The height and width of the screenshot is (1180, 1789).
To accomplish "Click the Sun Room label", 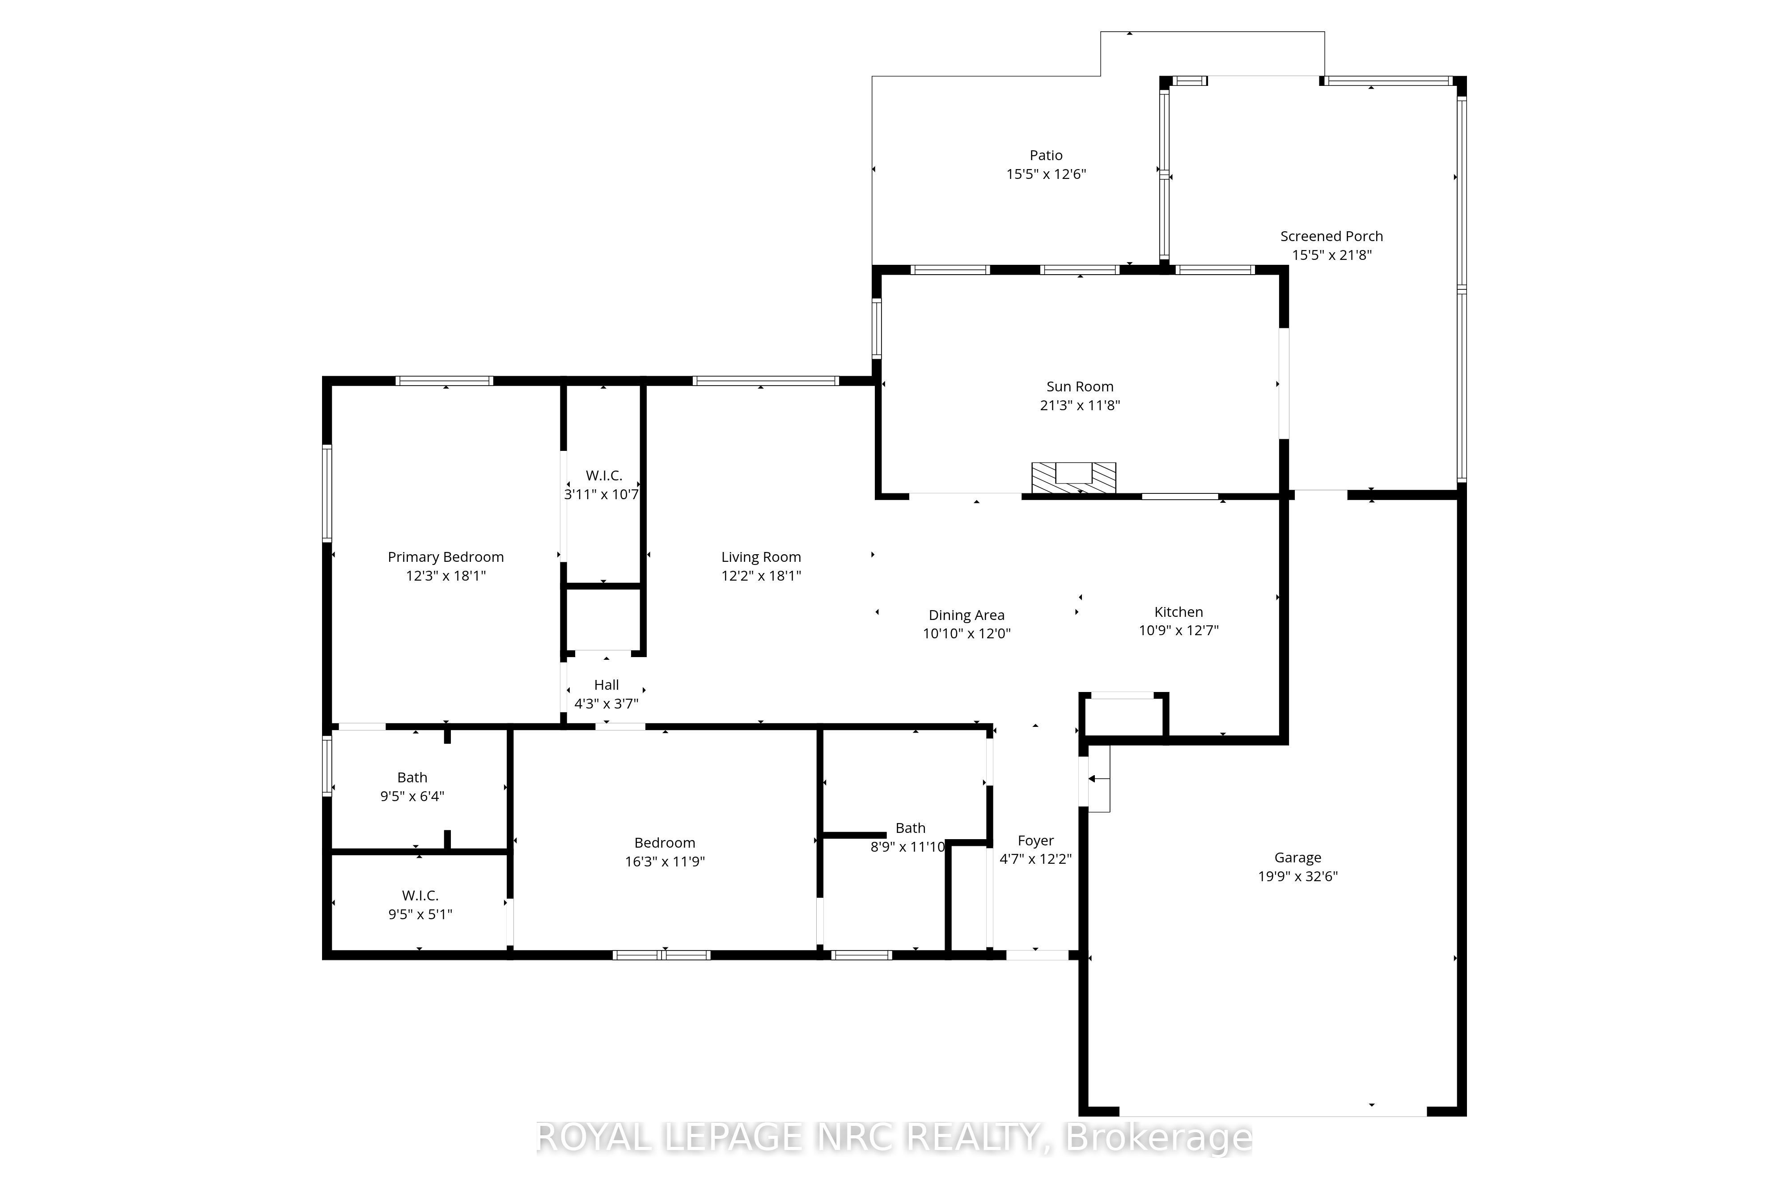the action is tap(1080, 387).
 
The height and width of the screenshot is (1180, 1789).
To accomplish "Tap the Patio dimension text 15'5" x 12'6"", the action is tap(1046, 174).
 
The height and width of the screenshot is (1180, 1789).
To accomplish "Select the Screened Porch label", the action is tap(1331, 236).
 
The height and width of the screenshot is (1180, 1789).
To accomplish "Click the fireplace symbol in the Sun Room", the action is tap(1073, 478).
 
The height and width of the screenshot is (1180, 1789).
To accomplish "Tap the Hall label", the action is tap(606, 685).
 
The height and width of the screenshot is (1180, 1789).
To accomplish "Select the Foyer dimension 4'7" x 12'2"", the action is tap(1035, 859).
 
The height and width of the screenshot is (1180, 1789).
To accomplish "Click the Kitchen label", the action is tap(1178, 612).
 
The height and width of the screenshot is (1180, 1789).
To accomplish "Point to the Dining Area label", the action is tap(966, 615).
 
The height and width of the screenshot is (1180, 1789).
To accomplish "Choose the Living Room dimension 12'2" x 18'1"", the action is tap(761, 576).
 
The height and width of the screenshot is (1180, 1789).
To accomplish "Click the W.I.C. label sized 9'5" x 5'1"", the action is tap(420, 896).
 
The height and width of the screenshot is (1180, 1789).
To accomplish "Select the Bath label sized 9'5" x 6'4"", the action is tap(412, 777).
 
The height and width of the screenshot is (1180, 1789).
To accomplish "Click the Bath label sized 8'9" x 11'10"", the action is tap(910, 828).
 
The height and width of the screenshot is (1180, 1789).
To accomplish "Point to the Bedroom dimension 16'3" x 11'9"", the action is tap(664, 862).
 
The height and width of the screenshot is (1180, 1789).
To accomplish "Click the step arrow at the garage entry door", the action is tap(1097, 779).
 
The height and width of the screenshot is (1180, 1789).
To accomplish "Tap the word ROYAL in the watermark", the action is tap(593, 1138).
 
